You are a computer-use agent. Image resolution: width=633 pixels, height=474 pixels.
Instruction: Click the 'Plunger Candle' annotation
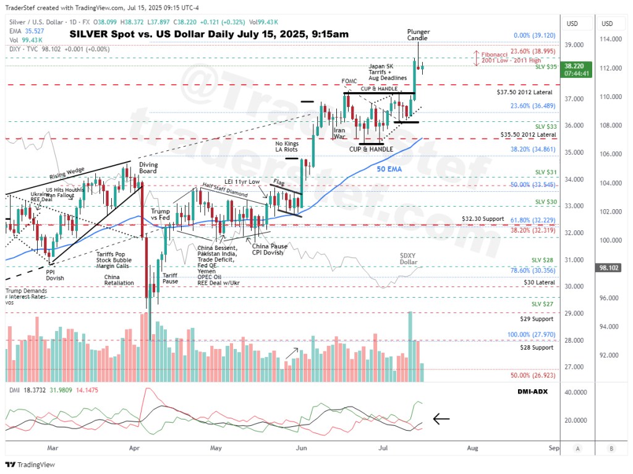[x=418, y=35]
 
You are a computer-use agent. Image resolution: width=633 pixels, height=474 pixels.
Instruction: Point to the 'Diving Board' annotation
[x=148, y=168]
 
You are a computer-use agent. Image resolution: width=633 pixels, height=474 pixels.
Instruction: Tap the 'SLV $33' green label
[x=546, y=126]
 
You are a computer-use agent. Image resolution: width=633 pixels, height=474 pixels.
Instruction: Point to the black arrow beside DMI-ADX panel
[x=441, y=419]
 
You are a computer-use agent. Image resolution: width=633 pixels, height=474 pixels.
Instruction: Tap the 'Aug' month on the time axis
[x=472, y=447]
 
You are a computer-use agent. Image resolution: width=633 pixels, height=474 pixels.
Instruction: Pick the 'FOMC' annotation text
[x=349, y=81]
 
